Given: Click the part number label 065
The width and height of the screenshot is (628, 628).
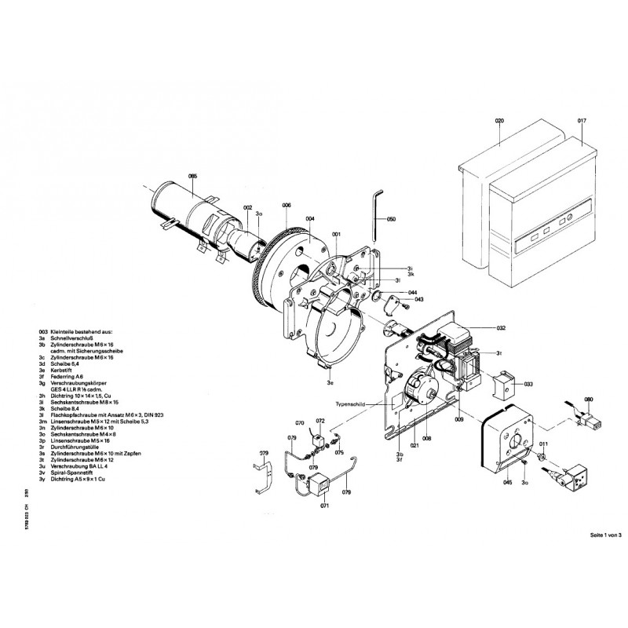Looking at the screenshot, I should (x=193, y=177).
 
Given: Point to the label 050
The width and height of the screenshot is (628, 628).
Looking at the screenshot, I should (x=392, y=218).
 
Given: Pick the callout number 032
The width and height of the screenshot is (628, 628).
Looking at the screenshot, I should (x=502, y=326).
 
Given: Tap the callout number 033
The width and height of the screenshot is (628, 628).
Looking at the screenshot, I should (x=528, y=384).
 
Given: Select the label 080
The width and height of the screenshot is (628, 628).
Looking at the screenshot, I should (x=589, y=399).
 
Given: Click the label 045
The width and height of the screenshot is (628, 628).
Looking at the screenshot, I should (x=508, y=483).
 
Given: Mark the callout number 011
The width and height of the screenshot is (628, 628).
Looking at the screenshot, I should (x=544, y=444).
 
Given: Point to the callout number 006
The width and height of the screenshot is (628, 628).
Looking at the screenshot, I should (x=287, y=206).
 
